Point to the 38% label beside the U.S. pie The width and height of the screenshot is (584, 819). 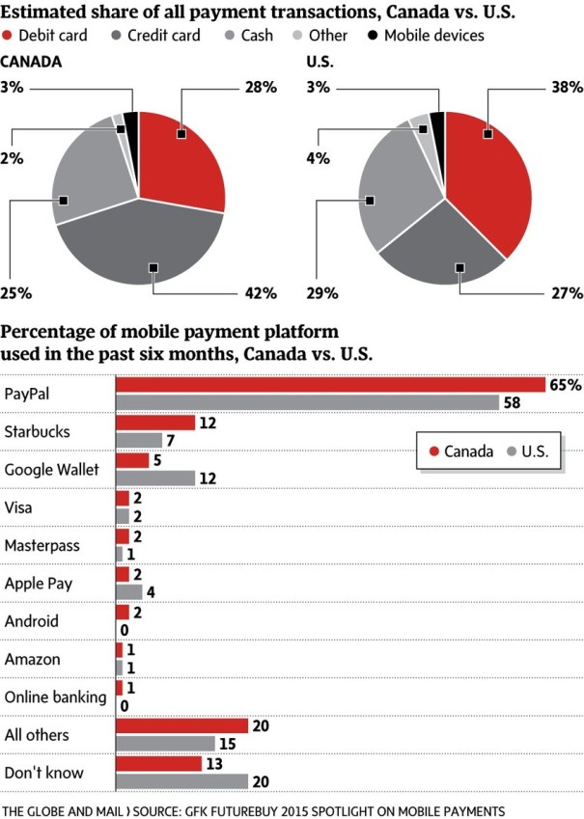coord(567,88)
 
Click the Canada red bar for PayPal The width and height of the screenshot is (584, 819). coord(329,385)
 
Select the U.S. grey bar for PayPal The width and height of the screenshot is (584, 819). coord(306,401)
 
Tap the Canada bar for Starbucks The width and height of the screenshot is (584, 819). coord(153,423)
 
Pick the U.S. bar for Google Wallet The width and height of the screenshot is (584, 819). coord(153,477)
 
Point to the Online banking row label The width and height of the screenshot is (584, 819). coord(56,697)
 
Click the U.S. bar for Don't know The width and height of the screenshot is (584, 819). coord(181,780)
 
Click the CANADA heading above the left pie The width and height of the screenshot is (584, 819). coord(31,60)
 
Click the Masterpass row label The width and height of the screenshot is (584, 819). coord(43,545)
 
